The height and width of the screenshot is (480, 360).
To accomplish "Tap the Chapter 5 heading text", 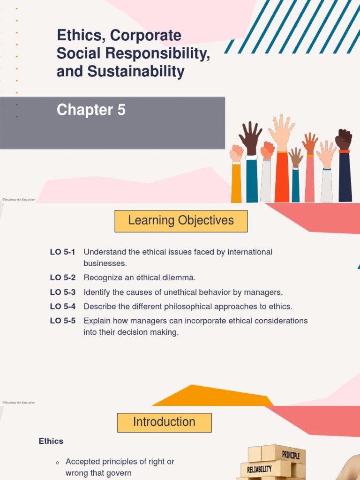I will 91,110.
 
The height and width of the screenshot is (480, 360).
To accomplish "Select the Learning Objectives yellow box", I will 181,221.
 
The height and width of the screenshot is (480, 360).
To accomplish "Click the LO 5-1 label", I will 63,252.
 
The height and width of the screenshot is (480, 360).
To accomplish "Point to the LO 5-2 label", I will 63,277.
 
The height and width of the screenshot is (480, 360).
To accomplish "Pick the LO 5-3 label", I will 63,292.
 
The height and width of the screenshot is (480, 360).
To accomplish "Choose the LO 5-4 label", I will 63,307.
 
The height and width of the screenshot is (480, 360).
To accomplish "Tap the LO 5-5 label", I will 63,321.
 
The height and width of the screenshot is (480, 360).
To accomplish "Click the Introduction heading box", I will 164,422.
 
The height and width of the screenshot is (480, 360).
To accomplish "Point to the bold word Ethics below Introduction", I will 51,441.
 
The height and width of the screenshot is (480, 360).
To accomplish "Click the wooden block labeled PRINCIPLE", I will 290,454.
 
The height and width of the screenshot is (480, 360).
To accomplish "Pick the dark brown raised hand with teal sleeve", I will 251,137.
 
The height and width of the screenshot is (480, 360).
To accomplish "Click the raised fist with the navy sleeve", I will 344,139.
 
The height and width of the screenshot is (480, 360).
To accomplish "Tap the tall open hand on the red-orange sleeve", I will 281,131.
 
